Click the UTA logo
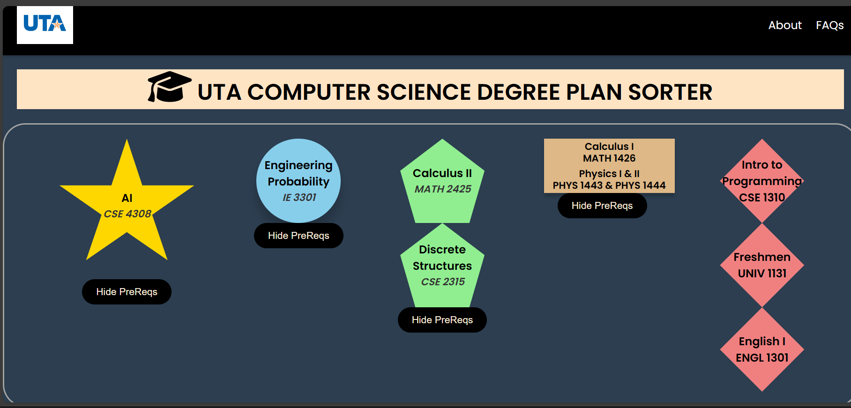pos(45,25)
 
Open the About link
pos(785,25)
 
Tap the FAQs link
pos(829,25)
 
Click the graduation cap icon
pos(169,87)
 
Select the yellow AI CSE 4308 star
pos(127,206)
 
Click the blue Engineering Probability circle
pos(299,181)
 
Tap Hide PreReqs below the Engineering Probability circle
pos(299,236)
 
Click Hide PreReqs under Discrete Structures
pos(442,320)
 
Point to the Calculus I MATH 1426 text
pos(609,152)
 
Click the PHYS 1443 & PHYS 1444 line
pos(609,185)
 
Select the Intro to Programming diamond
pos(762,181)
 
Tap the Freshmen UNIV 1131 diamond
pos(762,265)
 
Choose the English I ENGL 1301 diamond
pos(762,349)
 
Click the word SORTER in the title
pos(670,92)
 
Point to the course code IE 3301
pos(299,198)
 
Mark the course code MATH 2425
pos(443,189)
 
